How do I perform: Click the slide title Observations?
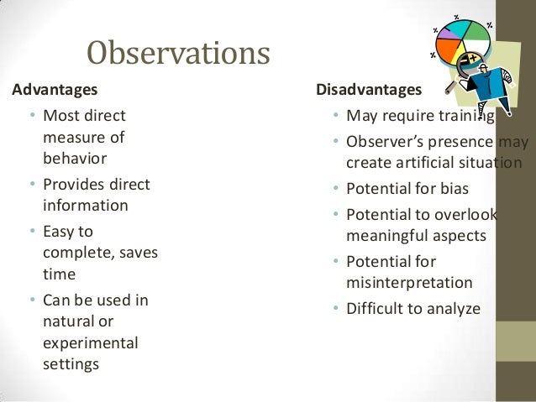pos(178,54)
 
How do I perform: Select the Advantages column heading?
pos(53,88)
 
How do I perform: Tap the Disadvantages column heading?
pos(369,89)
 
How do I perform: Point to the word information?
pos(85,205)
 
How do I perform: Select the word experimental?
pos(91,342)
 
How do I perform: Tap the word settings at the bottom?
pos(71,364)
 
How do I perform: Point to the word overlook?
pos(468,214)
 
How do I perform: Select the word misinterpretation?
pos(409,282)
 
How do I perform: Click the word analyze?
pos(452,309)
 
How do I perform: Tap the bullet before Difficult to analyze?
pos(335,310)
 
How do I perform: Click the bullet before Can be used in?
pos(31,300)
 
